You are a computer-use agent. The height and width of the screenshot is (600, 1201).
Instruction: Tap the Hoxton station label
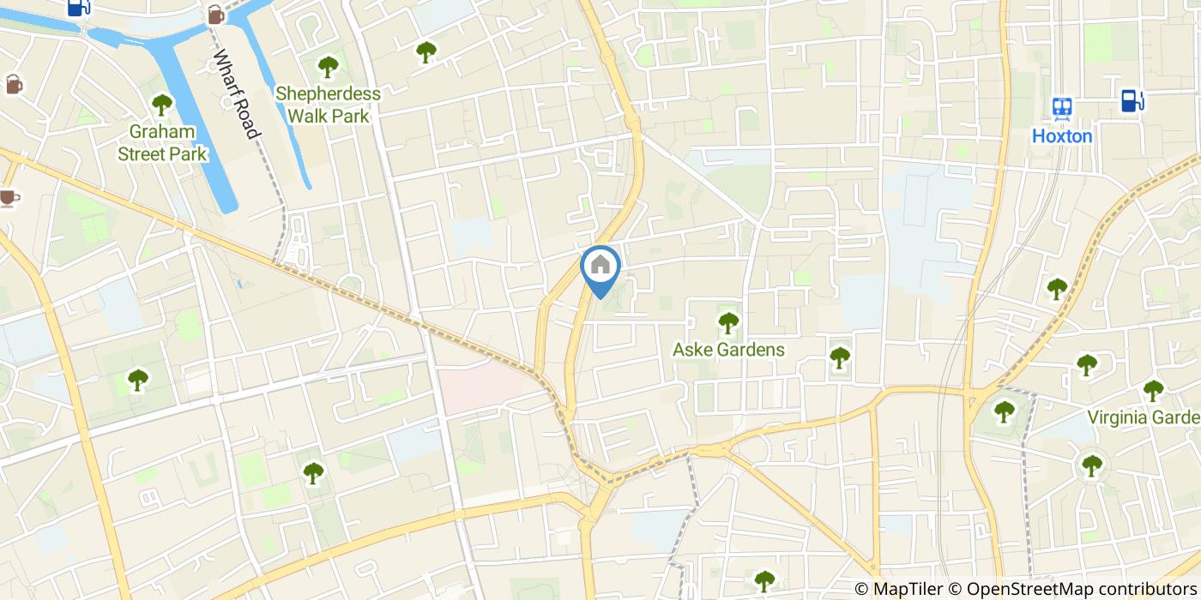click(x=1062, y=136)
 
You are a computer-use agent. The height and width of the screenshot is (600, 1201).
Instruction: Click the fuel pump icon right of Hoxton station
click(x=1132, y=101)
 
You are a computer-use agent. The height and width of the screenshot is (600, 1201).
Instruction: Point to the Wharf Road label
click(x=236, y=94)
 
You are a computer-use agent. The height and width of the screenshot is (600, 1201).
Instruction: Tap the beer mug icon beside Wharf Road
click(x=215, y=15)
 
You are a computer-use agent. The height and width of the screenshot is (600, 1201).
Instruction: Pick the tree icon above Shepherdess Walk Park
click(x=328, y=66)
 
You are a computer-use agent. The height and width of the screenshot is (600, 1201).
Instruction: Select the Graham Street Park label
click(x=162, y=143)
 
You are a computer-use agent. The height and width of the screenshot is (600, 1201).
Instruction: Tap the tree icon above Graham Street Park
click(x=162, y=105)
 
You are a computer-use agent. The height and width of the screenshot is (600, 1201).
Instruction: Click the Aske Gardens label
click(x=728, y=350)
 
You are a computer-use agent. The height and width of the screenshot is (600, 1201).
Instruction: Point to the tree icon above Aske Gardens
click(x=728, y=322)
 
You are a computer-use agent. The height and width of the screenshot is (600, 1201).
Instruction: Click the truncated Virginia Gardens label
click(x=1144, y=417)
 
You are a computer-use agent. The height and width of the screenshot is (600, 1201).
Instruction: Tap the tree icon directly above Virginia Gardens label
click(x=1153, y=390)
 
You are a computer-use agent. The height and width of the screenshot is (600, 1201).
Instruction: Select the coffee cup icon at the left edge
click(x=9, y=198)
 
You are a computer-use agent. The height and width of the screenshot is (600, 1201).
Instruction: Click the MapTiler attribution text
click(x=897, y=589)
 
